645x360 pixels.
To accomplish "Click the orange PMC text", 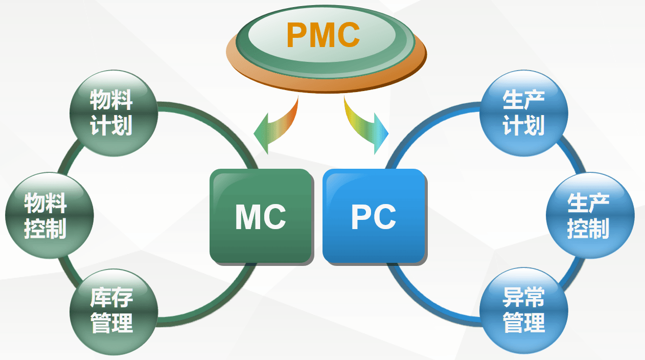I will (x=323, y=35).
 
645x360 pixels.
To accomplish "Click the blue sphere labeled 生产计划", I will (x=524, y=114).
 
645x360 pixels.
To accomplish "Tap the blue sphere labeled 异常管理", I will (x=524, y=311).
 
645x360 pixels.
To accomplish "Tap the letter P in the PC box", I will (x=362, y=217).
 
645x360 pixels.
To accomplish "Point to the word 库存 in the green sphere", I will (x=112, y=298).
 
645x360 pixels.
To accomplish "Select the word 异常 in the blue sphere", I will (x=524, y=298).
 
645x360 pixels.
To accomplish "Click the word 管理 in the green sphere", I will (x=112, y=323).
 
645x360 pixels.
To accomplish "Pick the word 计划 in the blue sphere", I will (x=524, y=125).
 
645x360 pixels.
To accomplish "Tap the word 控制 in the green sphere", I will (x=46, y=229).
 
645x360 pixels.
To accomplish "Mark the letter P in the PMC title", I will (x=297, y=35).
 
